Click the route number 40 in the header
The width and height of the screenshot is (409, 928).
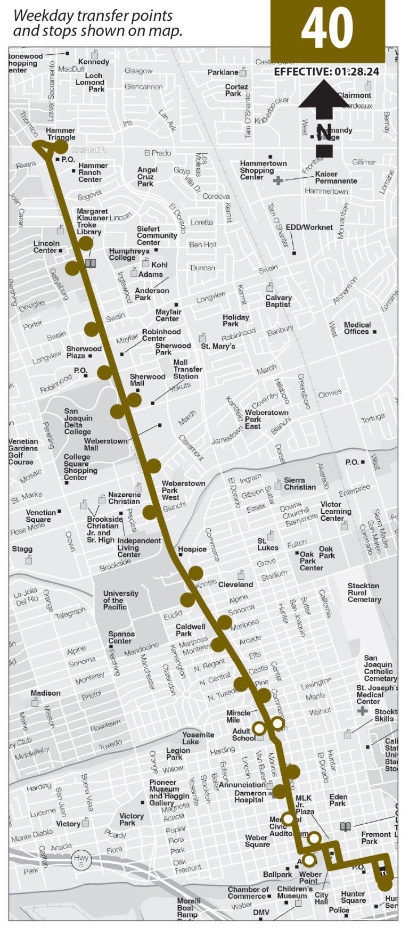click(x=327, y=29)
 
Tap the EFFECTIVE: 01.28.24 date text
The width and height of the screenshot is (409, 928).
click(x=326, y=72)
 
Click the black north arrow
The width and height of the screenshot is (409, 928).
click(x=324, y=112)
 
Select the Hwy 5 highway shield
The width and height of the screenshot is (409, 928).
click(x=81, y=860)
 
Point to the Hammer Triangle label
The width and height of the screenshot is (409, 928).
click(x=61, y=134)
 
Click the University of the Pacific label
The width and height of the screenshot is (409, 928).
click(x=120, y=600)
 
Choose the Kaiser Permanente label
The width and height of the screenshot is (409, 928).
click(x=336, y=177)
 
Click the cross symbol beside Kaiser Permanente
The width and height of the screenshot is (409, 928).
click(x=278, y=180)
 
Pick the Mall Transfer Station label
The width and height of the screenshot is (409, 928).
click(x=187, y=369)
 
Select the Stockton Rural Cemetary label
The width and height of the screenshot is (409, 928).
click(x=364, y=593)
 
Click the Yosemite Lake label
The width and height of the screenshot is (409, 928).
click(x=198, y=738)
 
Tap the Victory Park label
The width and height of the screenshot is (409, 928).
click(x=131, y=819)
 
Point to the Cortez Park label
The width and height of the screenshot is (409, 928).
click(x=236, y=90)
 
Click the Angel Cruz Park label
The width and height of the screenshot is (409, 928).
click(x=145, y=177)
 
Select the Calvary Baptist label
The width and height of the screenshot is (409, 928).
click(x=279, y=301)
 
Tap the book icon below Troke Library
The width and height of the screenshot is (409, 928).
click(x=91, y=263)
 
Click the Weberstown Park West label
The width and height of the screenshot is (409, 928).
click(x=183, y=490)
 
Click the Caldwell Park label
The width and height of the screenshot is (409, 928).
click(x=190, y=630)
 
